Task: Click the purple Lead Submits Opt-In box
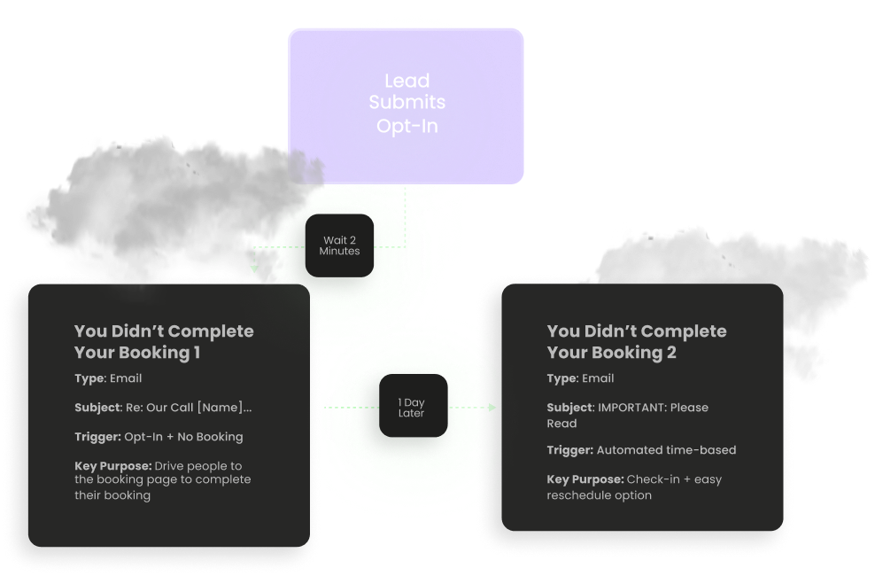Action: click(x=406, y=105)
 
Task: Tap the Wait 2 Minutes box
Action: click(x=340, y=245)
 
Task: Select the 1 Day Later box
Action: click(x=413, y=407)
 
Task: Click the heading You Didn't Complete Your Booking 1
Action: click(x=164, y=341)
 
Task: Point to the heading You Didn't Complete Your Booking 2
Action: click(x=636, y=341)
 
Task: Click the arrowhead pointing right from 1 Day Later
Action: click(x=492, y=408)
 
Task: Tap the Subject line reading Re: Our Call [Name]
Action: click(x=163, y=408)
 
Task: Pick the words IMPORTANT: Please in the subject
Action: click(x=654, y=408)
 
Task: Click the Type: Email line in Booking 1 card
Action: click(x=108, y=378)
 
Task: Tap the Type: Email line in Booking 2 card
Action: click(x=580, y=378)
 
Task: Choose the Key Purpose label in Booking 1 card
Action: click(x=112, y=466)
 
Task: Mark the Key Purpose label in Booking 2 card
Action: click(x=585, y=479)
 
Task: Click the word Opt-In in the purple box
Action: click(x=407, y=126)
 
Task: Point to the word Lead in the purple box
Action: click(x=407, y=81)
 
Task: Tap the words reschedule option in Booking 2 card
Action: click(x=600, y=495)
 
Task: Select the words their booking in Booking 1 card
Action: click(x=112, y=495)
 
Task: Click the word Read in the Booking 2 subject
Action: click(x=562, y=424)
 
